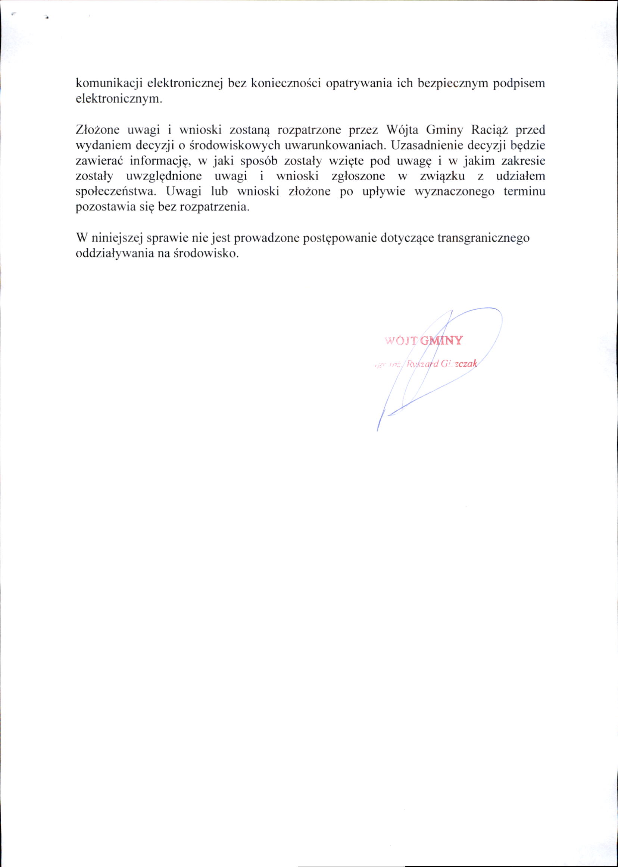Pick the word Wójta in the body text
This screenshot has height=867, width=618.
pos(402,130)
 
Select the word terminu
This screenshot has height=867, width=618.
pos(524,192)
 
